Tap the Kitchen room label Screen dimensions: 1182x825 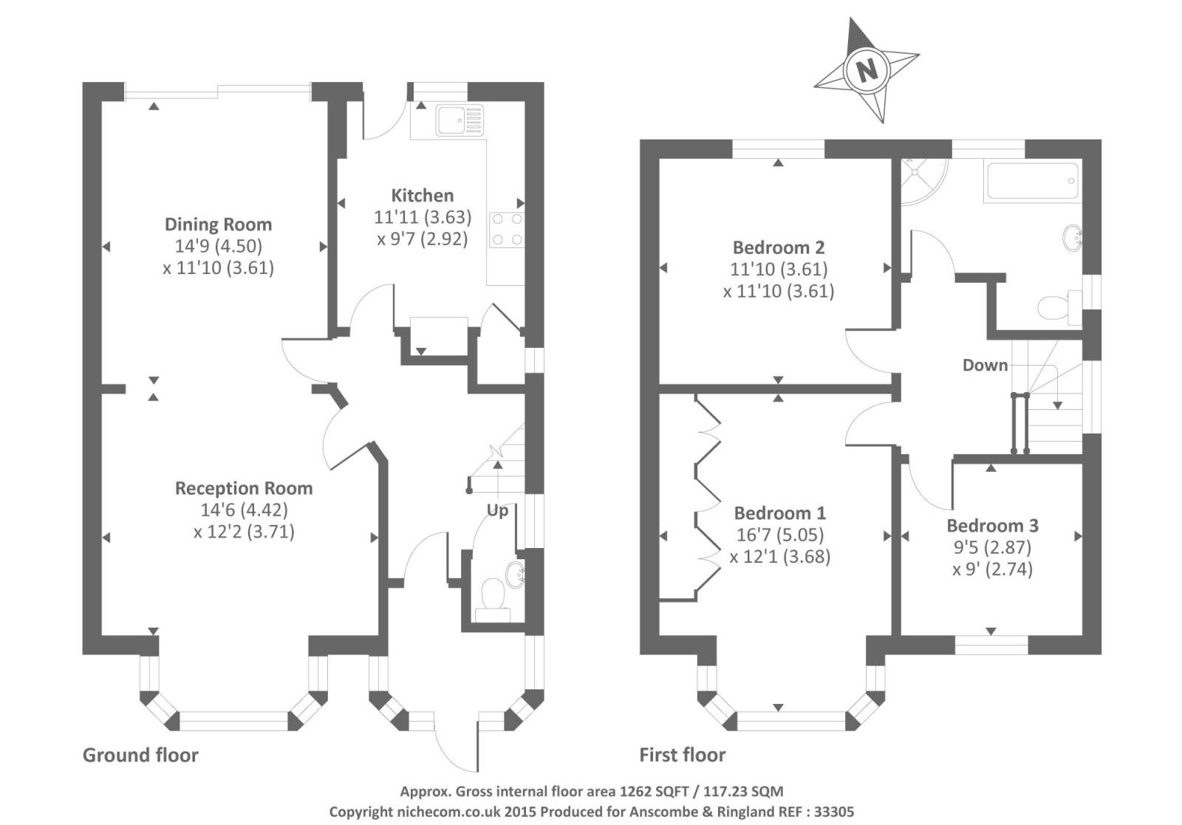tap(422, 196)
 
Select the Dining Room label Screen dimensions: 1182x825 tap(218, 225)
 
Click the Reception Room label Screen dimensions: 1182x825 tap(244, 488)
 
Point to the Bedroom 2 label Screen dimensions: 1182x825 tap(779, 247)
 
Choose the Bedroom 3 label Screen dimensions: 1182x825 tap(992, 526)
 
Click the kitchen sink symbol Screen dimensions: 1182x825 tap(459, 120)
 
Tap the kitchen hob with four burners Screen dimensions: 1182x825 tap(507, 229)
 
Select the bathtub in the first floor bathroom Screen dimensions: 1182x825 tap(1033, 181)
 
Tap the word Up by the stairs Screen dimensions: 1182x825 tap(497, 510)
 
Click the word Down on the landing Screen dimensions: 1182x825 tap(985, 365)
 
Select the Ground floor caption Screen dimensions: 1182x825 tap(140, 755)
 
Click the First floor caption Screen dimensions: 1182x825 tap(682, 755)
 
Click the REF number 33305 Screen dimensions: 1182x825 tap(833, 812)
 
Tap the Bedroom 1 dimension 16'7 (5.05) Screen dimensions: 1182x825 tap(779, 535)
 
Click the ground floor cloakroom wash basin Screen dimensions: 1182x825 tap(515, 573)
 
